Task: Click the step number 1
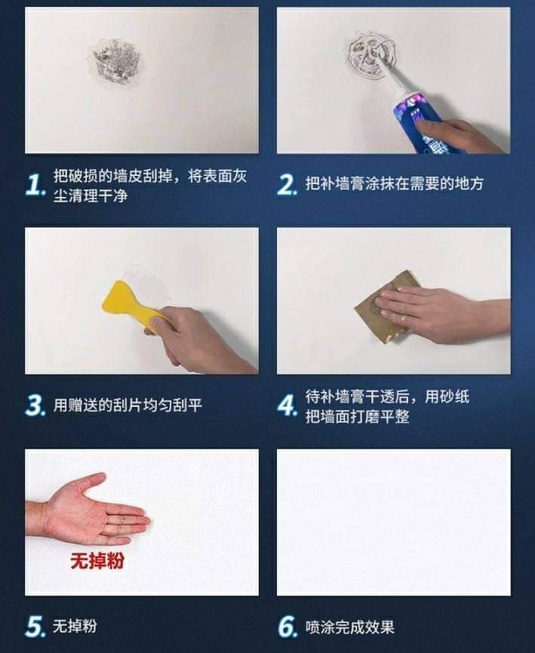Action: point(35,185)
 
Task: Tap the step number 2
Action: point(287,185)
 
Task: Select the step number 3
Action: point(35,405)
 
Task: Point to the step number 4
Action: point(287,405)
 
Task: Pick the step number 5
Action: point(35,627)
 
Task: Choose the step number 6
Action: point(287,627)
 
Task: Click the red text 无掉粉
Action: point(97,561)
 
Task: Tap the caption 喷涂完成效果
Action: point(349,627)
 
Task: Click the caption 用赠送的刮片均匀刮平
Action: point(128,405)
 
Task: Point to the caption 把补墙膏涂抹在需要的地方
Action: point(395,183)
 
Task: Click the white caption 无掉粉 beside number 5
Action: point(75,626)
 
